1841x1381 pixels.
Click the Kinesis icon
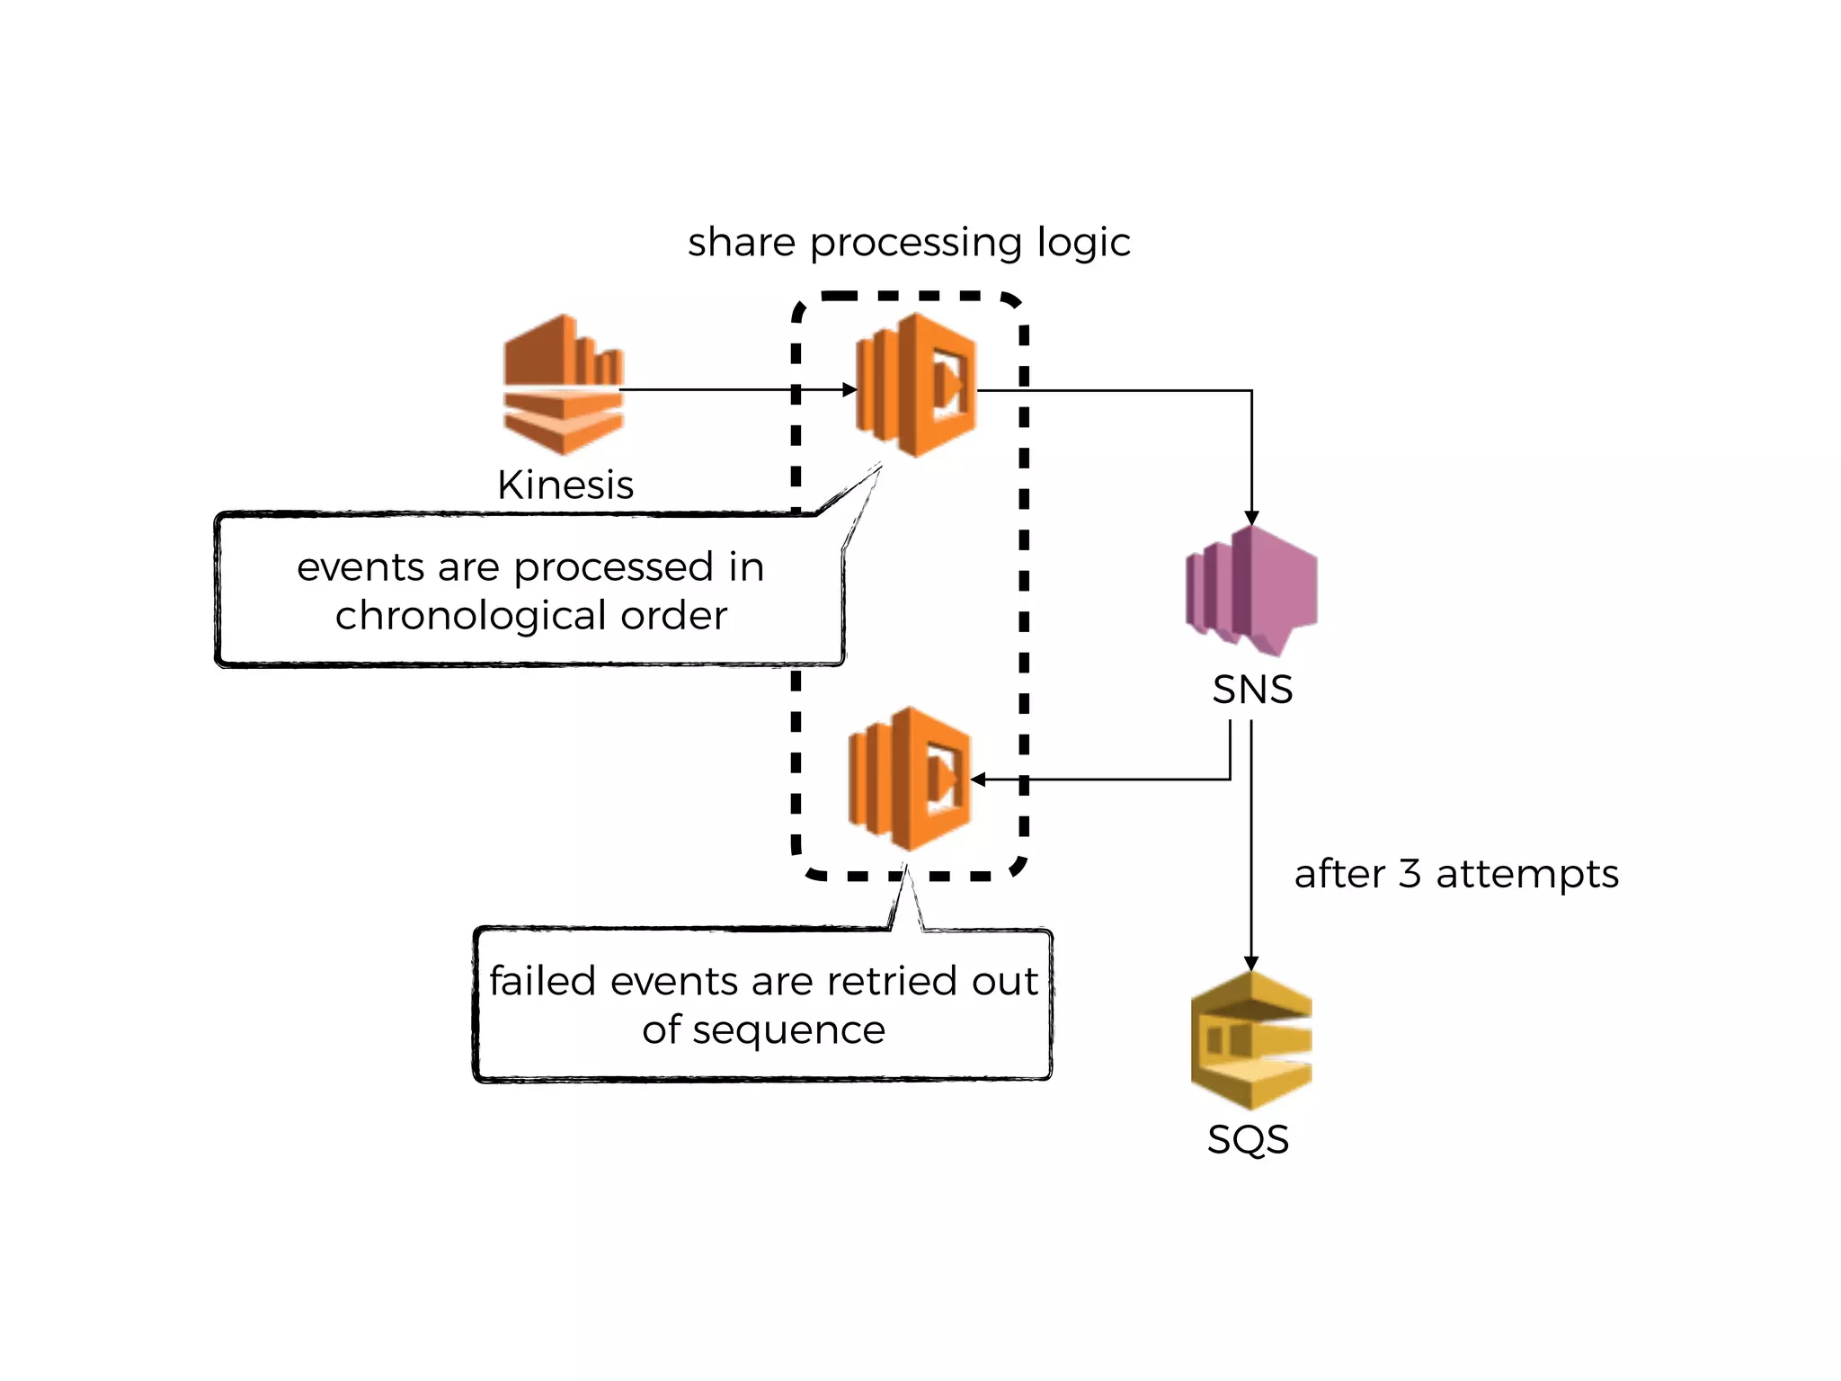point(564,385)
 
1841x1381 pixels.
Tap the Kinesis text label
point(565,486)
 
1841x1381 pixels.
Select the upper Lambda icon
point(915,385)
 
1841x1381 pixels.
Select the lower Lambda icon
point(910,779)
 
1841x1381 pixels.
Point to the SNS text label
point(1252,690)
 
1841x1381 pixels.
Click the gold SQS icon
point(1250,1040)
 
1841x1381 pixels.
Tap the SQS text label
point(1248,1140)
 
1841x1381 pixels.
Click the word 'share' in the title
point(742,243)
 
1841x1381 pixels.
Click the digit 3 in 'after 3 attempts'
point(1410,874)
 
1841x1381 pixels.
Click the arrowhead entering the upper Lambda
point(849,390)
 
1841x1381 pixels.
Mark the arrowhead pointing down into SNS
point(1251,519)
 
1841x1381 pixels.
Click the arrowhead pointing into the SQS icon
point(1250,963)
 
